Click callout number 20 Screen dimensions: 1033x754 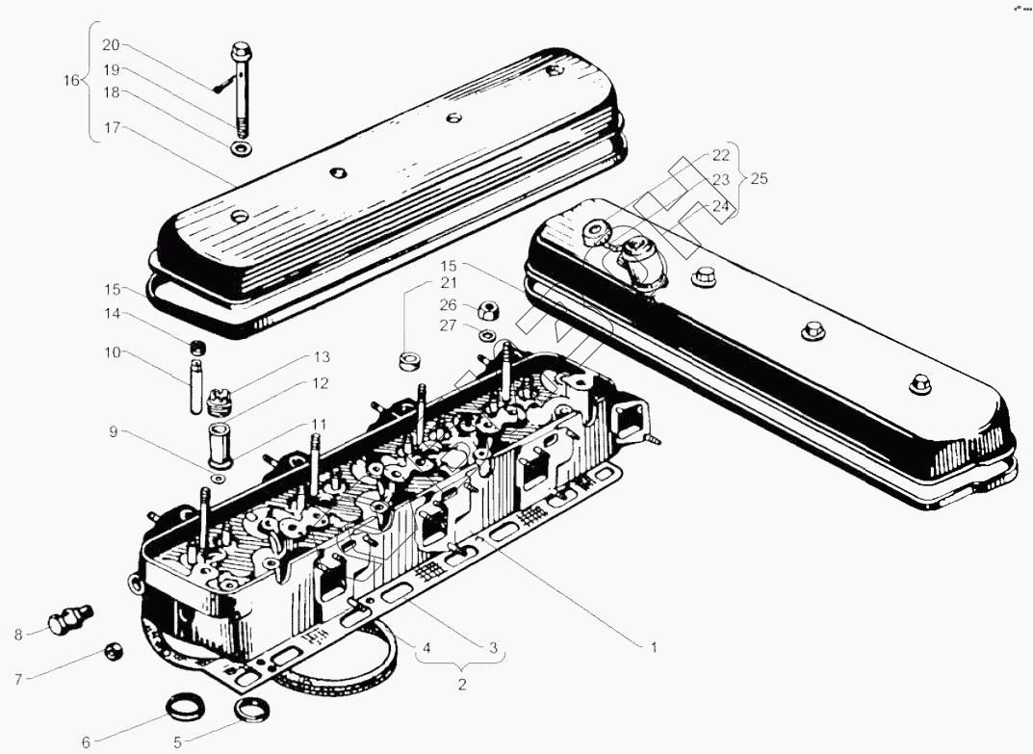pos(112,46)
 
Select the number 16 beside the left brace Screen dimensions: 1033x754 pos(71,80)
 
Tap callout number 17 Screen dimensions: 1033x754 pos(112,127)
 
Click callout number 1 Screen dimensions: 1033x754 pos(653,648)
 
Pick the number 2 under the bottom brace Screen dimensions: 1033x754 pos(462,685)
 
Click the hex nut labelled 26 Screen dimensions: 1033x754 pos(487,311)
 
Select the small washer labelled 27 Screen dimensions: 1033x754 pos(488,335)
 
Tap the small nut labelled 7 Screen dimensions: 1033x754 pos(114,654)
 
